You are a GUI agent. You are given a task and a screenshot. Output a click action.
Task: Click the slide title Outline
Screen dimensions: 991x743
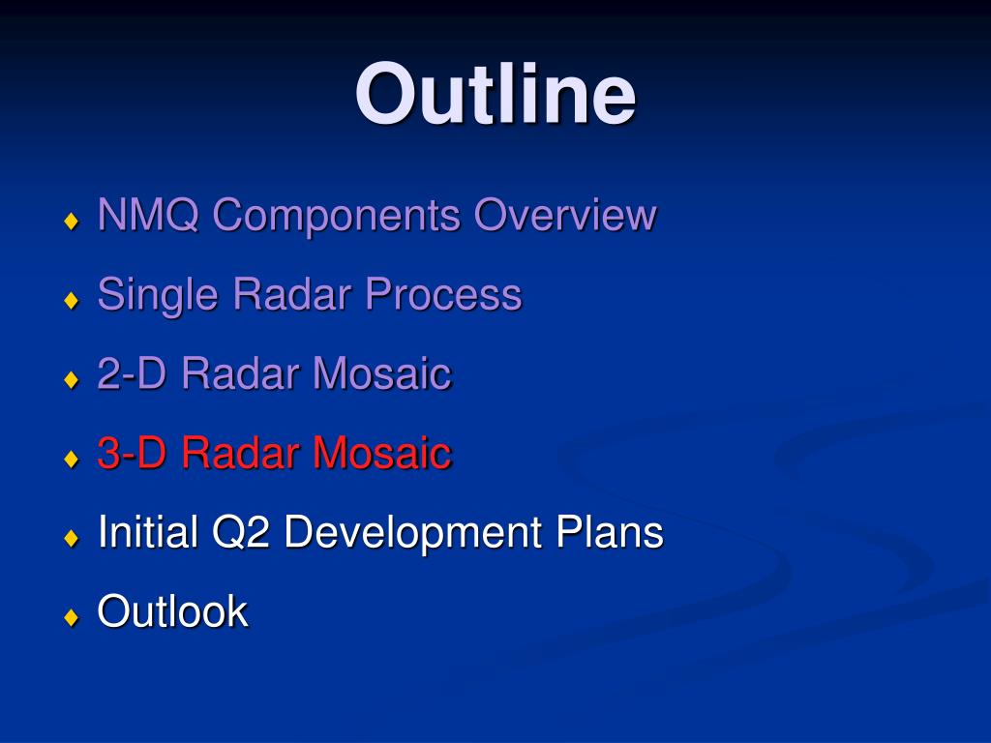pyautogui.click(x=495, y=94)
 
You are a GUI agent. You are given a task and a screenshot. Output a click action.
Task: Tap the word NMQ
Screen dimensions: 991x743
pyautogui.click(x=148, y=214)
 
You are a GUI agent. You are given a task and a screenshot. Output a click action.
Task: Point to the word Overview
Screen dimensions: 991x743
pyautogui.click(x=565, y=214)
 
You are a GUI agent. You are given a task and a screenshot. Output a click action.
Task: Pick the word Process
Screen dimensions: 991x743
pyautogui.click(x=443, y=294)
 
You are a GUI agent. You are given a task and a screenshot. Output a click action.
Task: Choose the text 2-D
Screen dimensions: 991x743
pyautogui.click(x=132, y=372)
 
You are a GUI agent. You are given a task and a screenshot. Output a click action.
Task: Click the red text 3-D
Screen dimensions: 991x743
pyautogui.click(x=132, y=453)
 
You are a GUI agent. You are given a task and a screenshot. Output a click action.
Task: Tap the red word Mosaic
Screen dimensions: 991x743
pyautogui.click(x=382, y=453)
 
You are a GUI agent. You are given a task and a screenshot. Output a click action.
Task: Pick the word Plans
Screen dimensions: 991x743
pyautogui.click(x=610, y=531)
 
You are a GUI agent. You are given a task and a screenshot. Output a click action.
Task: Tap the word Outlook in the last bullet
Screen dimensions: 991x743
pyautogui.click(x=172, y=611)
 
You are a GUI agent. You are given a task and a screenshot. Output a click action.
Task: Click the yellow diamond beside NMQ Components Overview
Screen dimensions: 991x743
pyautogui.click(x=72, y=222)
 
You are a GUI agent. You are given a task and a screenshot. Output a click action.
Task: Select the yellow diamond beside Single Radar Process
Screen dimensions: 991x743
pyautogui.click(x=72, y=300)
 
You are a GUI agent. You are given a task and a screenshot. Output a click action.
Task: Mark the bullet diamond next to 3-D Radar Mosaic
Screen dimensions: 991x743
pyautogui.click(x=72, y=459)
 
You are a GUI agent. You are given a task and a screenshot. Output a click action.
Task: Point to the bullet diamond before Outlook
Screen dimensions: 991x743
pyautogui.click(x=72, y=617)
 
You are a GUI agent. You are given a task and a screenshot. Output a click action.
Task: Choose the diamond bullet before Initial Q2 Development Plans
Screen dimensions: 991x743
pyautogui.click(x=72, y=538)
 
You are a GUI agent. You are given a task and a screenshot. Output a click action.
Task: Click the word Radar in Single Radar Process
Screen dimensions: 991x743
pyautogui.click(x=292, y=294)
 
